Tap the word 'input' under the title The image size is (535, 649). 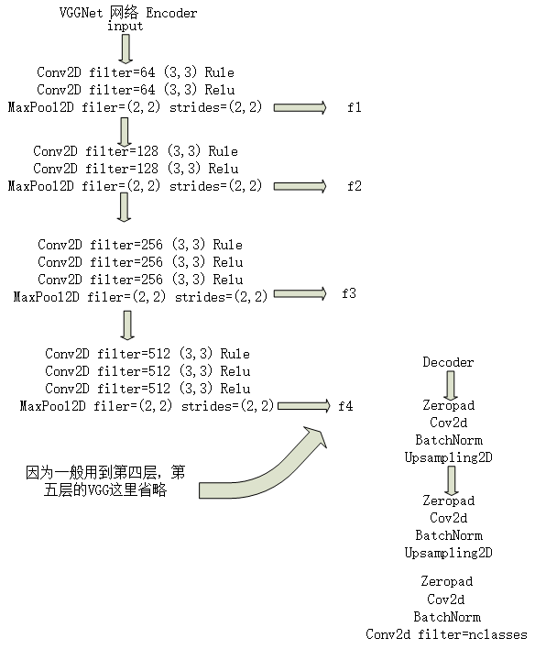pos(126,27)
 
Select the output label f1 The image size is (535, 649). pos(354,107)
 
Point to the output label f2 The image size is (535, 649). pos(354,186)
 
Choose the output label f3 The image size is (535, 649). pos(349,293)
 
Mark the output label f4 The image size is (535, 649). pos(344,404)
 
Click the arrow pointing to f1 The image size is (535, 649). pos(299,107)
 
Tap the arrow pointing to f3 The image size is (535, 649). pos(300,293)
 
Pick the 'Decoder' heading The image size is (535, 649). pos(448,362)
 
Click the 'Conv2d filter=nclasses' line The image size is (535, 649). pos(446,634)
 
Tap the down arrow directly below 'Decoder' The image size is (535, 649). pos(449,382)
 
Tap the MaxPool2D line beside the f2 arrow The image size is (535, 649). pos(135,186)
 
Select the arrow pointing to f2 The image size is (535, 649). pos(299,186)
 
